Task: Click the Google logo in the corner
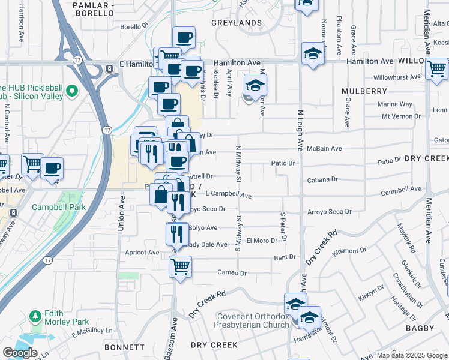click(x=20, y=352)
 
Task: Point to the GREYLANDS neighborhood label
click(x=237, y=23)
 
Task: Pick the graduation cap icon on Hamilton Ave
click(x=313, y=54)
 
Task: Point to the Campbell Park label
click(x=60, y=207)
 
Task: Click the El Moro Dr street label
click(x=261, y=240)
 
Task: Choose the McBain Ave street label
click(x=324, y=148)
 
